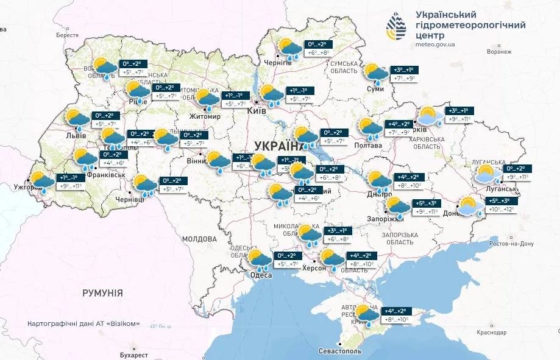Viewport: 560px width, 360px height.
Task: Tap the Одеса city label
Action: (261, 275)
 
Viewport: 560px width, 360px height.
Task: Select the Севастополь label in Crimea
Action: (340, 351)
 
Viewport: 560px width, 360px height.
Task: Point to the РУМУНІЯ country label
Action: (102, 293)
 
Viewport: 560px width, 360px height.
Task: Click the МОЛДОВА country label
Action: (199, 238)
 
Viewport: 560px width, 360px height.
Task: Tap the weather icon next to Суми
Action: (376, 74)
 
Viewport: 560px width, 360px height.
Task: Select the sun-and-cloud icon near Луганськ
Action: (488, 174)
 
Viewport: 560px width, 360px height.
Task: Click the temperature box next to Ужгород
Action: (69, 182)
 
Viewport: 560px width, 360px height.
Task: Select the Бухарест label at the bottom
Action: (134, 355)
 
